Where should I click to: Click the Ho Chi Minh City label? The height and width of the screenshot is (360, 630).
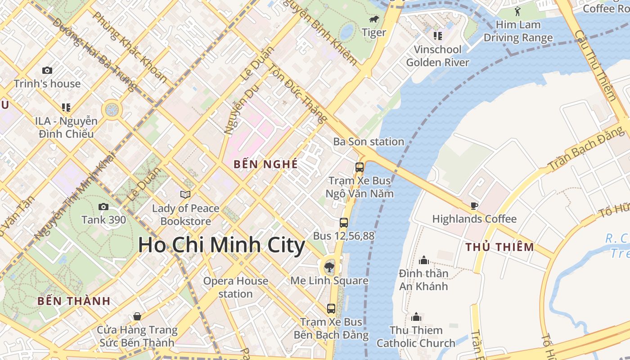coord(221,246)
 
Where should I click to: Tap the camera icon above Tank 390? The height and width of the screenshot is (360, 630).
coord(103,207)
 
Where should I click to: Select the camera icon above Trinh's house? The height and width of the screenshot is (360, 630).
coord(47,70)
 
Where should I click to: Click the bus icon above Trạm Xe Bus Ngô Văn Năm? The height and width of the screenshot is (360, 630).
coord(360,167)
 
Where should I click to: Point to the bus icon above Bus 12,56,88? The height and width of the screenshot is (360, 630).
coord(343,222)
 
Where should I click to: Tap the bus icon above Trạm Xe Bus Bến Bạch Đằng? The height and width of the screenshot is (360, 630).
coord(331,308)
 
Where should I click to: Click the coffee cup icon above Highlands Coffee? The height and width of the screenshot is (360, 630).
coord(474,206)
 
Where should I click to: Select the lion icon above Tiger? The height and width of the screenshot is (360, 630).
coord(374,19)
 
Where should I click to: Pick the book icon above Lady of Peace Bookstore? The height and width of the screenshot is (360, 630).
coord(185,194)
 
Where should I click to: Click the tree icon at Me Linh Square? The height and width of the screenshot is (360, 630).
coord(329,267)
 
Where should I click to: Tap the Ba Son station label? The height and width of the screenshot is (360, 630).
coord(369,142)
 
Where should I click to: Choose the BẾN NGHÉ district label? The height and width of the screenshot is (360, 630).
coord(265,164)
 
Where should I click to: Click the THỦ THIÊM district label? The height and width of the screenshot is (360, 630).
coord(499,247)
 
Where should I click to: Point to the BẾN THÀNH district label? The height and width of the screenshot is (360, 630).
coord(74,301)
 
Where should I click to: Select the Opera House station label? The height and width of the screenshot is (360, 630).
coord(235,287)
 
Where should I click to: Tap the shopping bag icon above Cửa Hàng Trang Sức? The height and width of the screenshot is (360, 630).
coord(137,316)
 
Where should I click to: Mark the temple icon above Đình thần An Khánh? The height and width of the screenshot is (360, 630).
coord(423,260)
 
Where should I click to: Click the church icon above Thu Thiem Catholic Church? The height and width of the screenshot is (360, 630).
coord(416,317)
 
